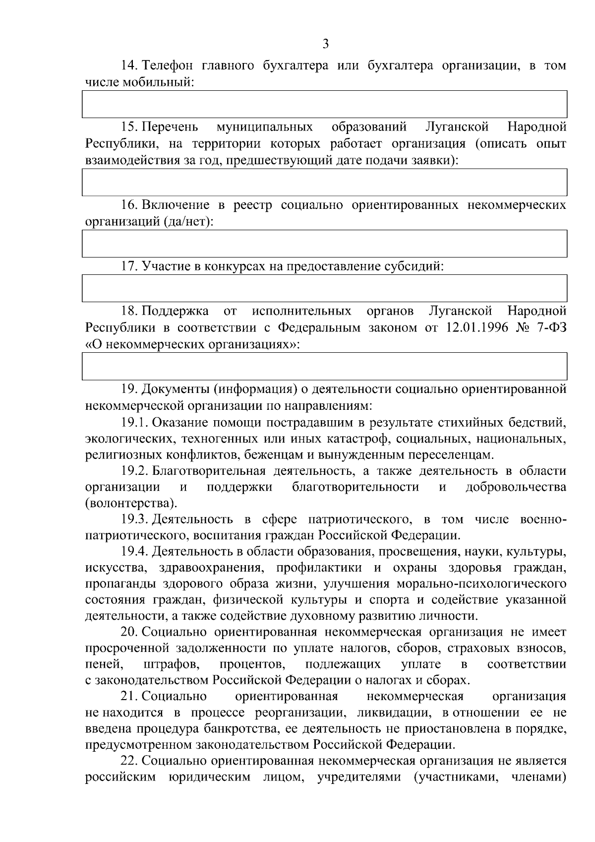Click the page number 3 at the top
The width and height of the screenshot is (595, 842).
pos(325,44)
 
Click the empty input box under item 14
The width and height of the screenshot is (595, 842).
pos(324,104)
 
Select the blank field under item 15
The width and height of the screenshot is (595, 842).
pos(324,182)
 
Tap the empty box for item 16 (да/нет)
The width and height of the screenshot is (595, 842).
pos(324,244)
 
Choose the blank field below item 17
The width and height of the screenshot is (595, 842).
pos(324,288)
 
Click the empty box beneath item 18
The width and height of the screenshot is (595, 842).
pos(324,366)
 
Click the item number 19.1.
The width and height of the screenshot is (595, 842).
pos(134,422)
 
